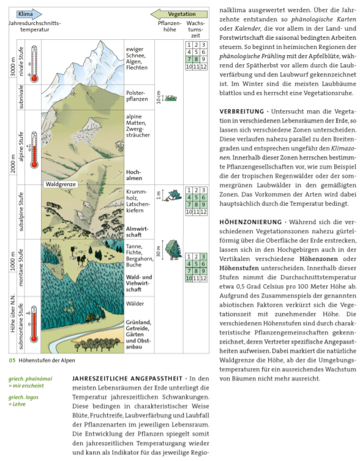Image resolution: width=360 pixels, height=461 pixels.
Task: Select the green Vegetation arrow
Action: pos(178,13)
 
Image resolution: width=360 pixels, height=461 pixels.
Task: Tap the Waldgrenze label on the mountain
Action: pos(61,184)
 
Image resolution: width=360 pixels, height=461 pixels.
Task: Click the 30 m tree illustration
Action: pos(173,251)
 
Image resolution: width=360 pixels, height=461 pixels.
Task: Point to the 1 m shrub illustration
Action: pos(173,195)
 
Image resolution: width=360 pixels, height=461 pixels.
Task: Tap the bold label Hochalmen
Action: pos(134,176)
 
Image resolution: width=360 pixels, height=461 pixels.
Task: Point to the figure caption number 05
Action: pos(12,360)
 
